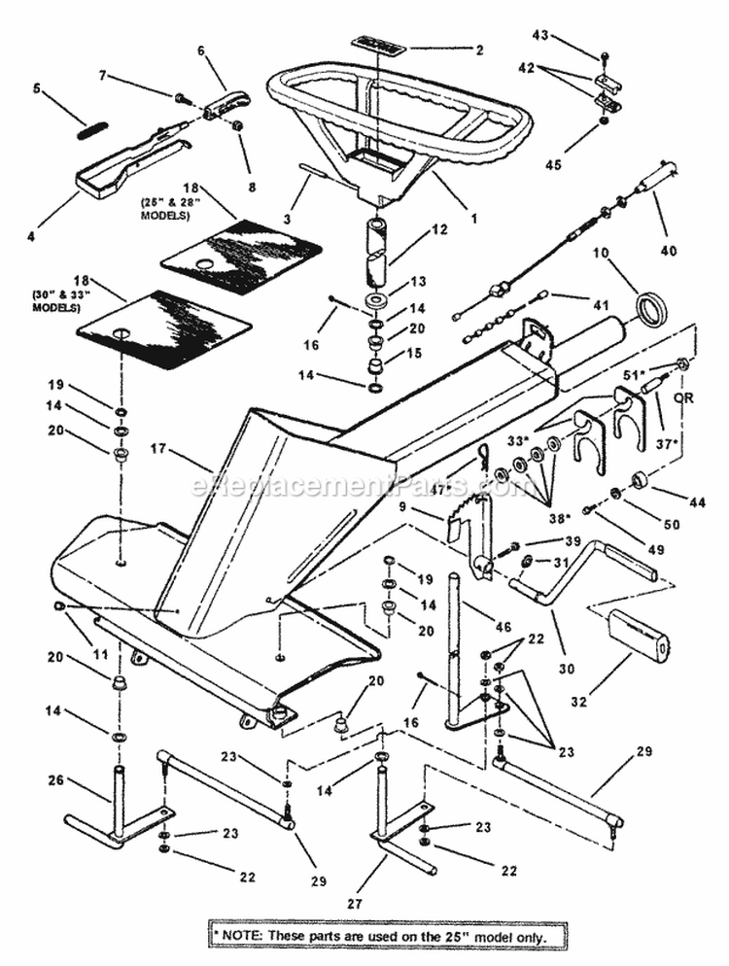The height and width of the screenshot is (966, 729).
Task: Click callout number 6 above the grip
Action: (202, 50)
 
